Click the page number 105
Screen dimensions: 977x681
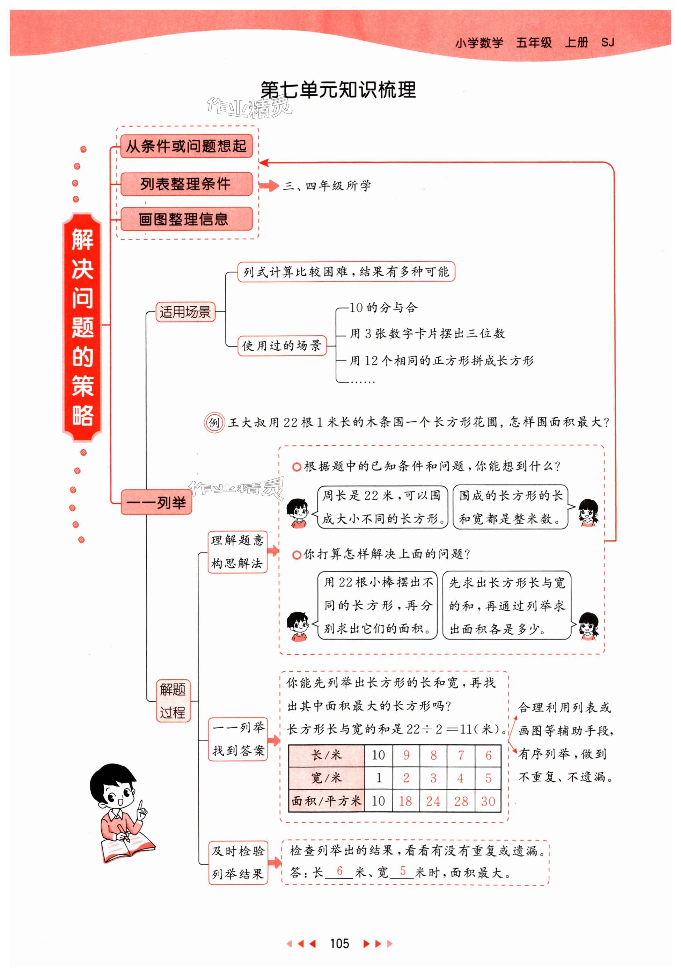pyautogui.click(x=339, y=943)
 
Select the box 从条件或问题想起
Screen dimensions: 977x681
pyautogui.click(x=186, y=146)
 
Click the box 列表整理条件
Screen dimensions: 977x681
pyautogui.click(x=186, y=184)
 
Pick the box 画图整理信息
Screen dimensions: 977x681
pyautogui.click(x=186, y=219)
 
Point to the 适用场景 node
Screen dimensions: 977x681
pyautogui.click(x=185, y=312)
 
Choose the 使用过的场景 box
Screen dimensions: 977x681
pyautogui.click(x=281, y=345)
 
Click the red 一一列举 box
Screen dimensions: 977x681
pyautogui.click(x=156, y=503)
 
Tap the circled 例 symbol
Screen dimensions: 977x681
pyautogui.click(x=214, y=423)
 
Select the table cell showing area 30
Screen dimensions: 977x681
pyautogui.click(x=488, y=801)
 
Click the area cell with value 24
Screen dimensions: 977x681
pyautogui.click(x=433, y=801)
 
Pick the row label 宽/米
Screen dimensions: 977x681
pyautogui.click(x=326, y=778)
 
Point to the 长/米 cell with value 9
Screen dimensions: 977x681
pyautogui.click(x=406, y=755)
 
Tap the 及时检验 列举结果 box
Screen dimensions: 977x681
pyautogui.click(x=238, y=862)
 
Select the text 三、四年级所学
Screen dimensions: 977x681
pyautogui.click(x=327, y=185)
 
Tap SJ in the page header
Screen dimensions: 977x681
pyautogui.click(x=607, y=42)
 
